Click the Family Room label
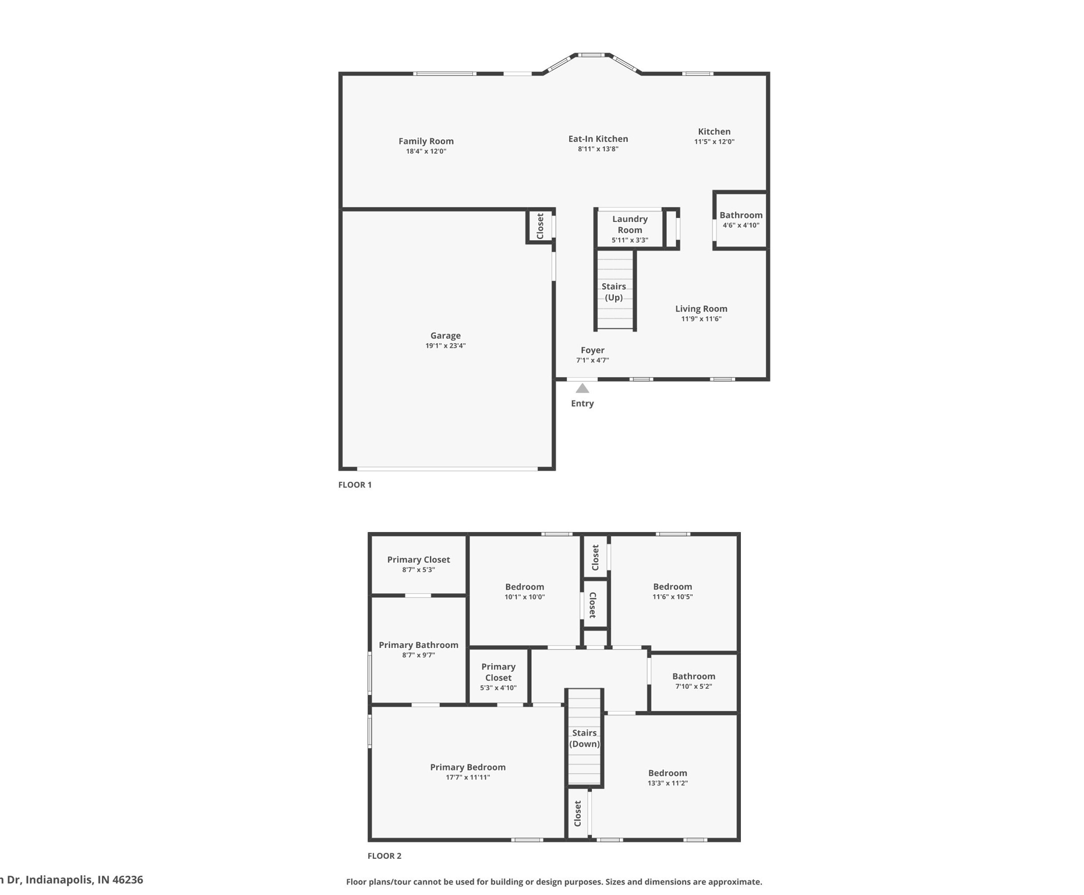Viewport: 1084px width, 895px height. (426, 141)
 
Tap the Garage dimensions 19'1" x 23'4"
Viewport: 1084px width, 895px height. (445, 346)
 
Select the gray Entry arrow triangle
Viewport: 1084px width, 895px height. (582, 388)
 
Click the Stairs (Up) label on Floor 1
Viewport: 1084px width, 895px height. (613, 292)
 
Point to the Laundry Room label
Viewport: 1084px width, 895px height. (630, 224)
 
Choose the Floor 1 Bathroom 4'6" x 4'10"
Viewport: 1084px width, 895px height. (740, 220)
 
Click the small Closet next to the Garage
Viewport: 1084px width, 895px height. (540, 226)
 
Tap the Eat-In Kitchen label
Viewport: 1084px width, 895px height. (598, 139)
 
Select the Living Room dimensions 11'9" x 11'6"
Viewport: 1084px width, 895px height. (701, 319)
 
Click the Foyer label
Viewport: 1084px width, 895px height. (592, 350)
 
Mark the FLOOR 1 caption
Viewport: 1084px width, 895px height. (355, 485)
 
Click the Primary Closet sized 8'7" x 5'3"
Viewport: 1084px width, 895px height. (418, 564)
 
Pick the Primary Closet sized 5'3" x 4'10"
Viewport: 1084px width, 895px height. (498, 676)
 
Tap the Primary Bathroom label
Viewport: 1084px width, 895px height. (418, 645)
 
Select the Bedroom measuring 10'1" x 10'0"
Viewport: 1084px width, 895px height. (524, 591)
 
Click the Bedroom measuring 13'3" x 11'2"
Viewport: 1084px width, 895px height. (668, 778)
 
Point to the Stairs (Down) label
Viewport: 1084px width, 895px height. (584, 738)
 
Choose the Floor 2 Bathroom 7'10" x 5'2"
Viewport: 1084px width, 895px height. (693, 681)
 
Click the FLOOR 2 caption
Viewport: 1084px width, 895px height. (384, 856)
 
